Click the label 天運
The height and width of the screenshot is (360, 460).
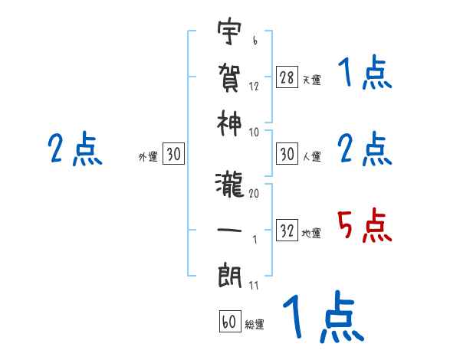pos(311,80)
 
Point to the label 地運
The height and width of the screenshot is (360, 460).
pos(311,233)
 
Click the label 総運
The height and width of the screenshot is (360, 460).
pos(254,325)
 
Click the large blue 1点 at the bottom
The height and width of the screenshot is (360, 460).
pos(322,317)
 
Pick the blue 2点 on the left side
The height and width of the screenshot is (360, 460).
pos(74,149)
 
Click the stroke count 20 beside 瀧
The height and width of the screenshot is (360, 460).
pos(254,194)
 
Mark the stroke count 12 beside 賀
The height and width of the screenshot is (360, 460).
pos(254,86)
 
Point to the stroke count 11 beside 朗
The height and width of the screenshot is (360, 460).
pos(254,286)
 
